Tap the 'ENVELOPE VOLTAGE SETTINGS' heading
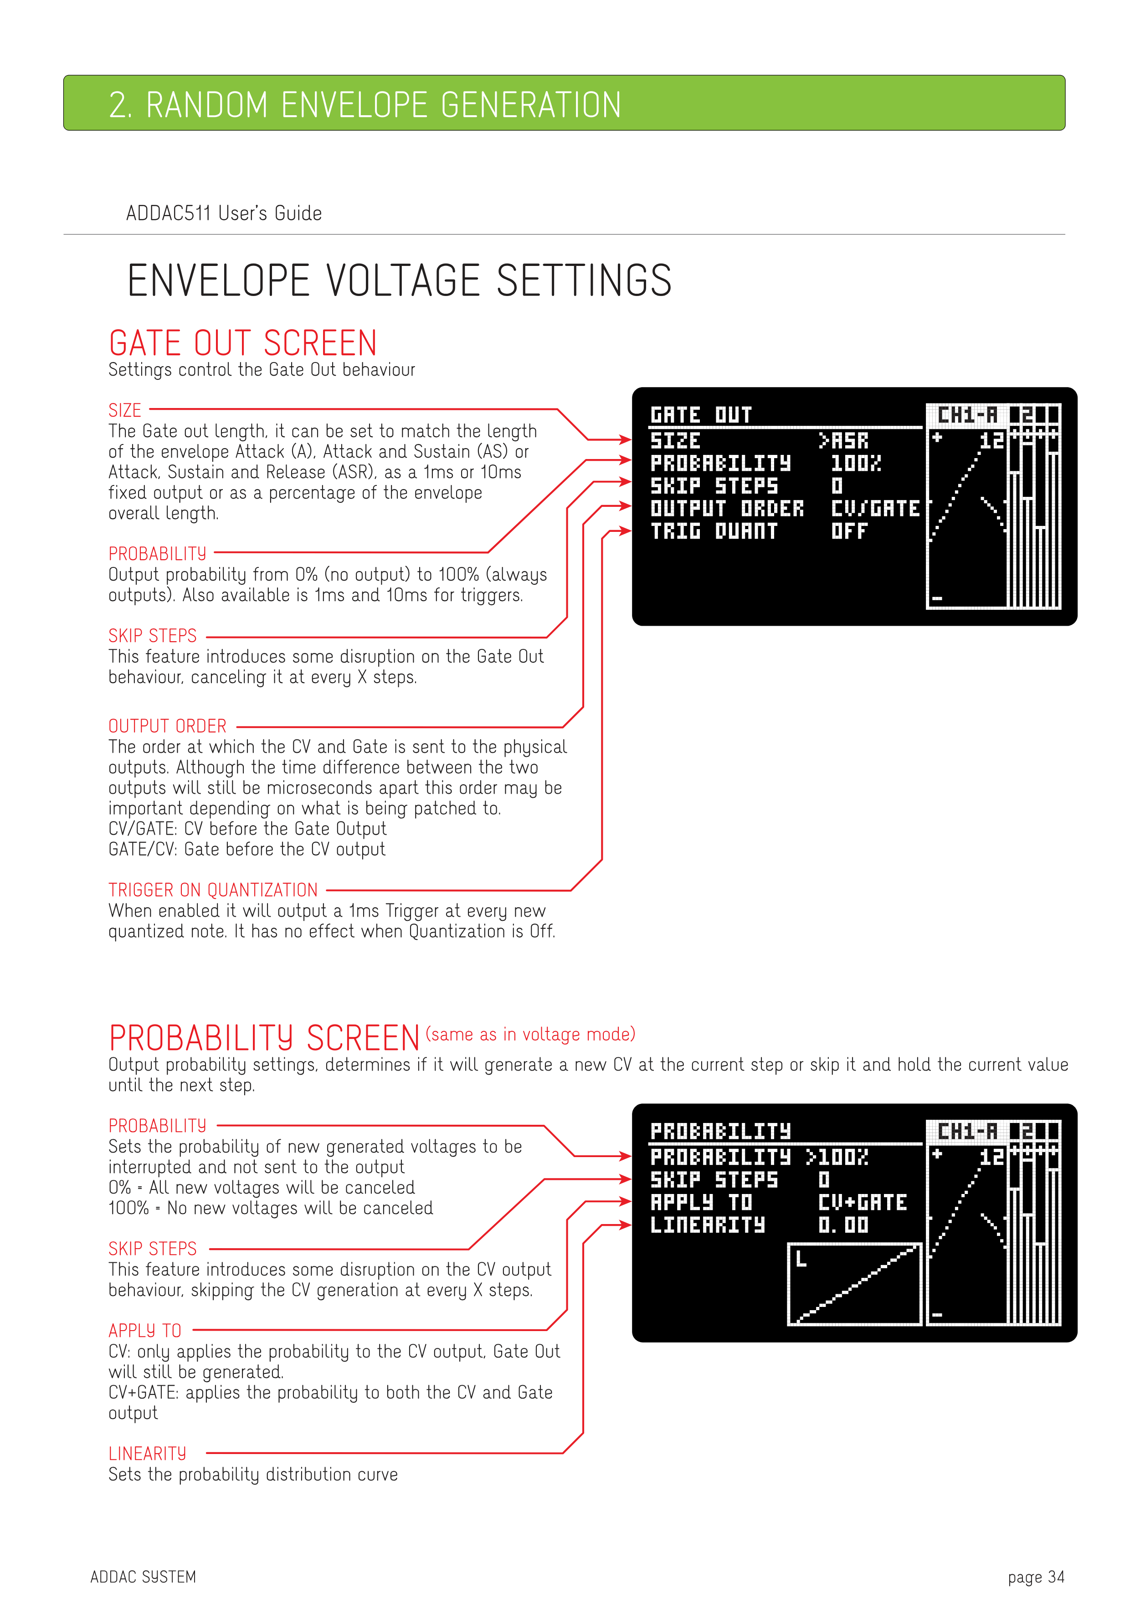[400, 281]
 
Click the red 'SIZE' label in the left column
[125, 410]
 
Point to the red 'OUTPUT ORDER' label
[168, 726]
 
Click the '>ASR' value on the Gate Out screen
[843, 441]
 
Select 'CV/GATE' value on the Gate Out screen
[875, 509]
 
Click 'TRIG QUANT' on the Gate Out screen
[714, 531]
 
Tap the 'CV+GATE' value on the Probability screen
[863, 1203]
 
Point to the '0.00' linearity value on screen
[843, 1225]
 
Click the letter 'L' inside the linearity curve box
[801, 1259]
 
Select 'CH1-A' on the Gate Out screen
[967, 415]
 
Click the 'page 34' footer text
[1036, 1577]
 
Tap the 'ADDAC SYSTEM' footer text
[144, 1577]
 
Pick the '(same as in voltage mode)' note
[530, 1034]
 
